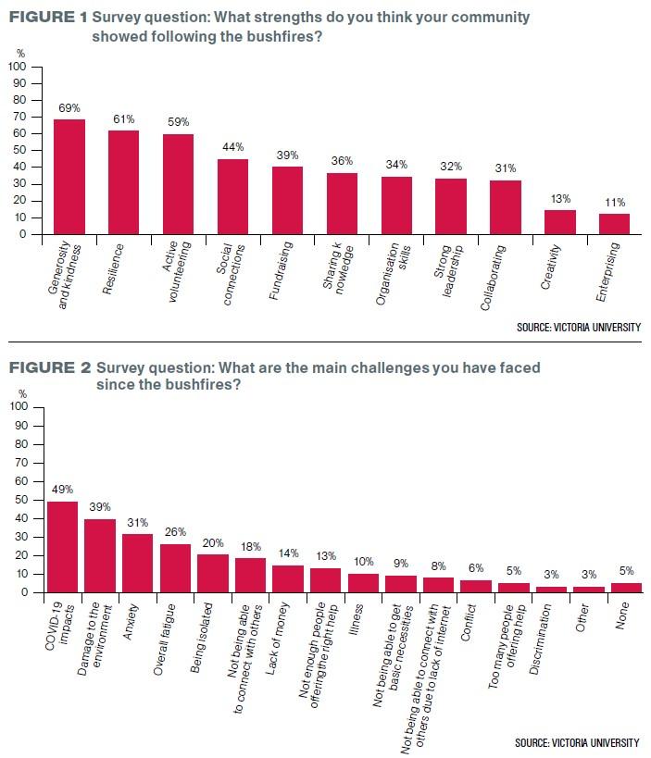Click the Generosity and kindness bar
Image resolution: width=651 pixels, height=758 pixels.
pos(69,176)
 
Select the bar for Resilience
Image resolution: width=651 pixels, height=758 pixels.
pos(124,182)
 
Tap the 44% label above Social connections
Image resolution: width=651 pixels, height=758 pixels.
pos(233,146)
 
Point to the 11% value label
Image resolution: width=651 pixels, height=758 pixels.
pos(615,202)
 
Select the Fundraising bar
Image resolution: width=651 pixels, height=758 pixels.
pos(287,200)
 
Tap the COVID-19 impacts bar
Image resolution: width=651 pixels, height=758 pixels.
pos(62,547)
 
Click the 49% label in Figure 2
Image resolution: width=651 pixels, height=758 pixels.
pos(62,489)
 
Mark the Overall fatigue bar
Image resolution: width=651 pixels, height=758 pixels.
pos(175,568)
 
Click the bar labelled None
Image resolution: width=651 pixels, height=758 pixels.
pos(627,588)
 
